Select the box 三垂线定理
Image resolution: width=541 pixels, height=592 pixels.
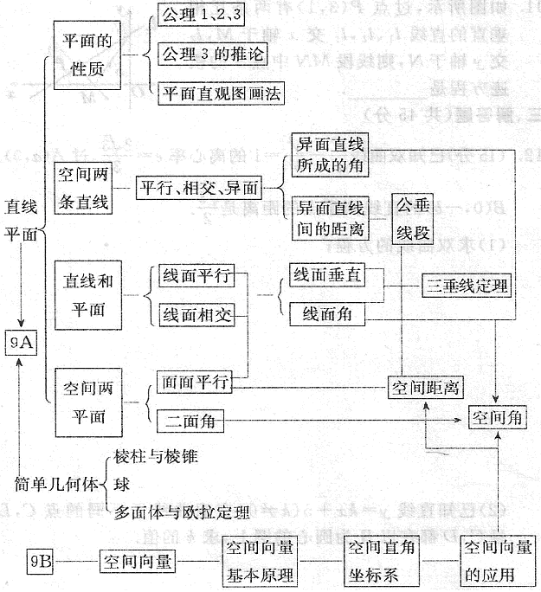(465, 285)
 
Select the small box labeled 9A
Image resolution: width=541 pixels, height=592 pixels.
(21, 343)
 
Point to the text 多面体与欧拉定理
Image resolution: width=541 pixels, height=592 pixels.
(181, 513)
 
